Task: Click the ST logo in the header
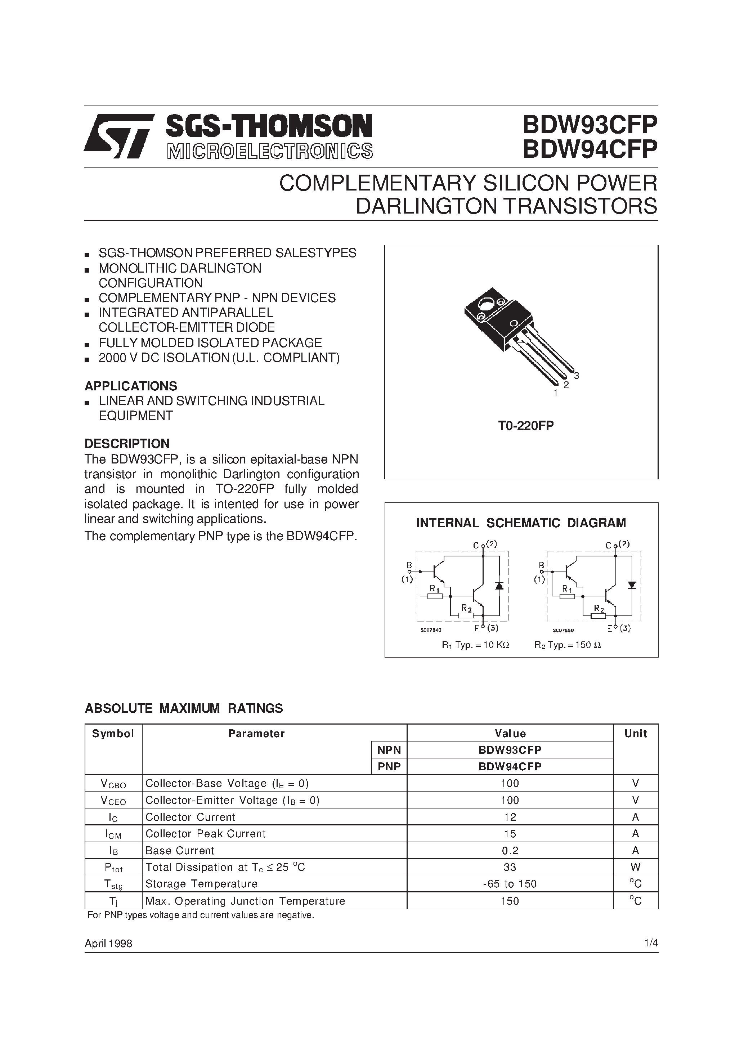point(118,136)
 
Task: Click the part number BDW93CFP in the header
point(590,125)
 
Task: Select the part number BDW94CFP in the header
point(590,149)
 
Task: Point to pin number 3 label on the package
point(577,376)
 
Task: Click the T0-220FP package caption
point(526,426)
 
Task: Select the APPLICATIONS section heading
point(131,386)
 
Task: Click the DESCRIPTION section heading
point(127,443)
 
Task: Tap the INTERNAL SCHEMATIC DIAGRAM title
point(521,523)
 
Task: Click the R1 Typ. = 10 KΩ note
point(475,645)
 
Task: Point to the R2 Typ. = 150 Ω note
point(568,645)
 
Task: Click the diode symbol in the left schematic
point(499,586)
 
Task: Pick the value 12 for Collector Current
point(510,817)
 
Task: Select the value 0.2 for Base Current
point(510,850)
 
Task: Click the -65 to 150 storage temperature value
point(510,884)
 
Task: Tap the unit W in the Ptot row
point(635,867)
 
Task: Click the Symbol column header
point(113,733)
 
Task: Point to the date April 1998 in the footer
point(108,944)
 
